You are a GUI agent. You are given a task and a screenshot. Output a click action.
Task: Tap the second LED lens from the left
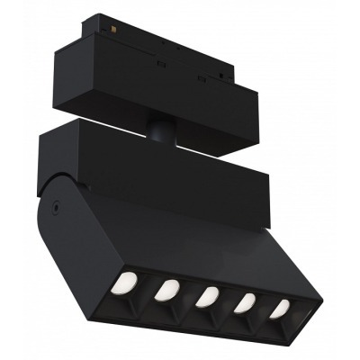(166, 289)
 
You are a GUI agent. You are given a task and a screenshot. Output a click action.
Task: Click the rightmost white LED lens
(280, 309)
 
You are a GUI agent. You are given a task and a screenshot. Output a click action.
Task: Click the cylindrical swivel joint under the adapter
(160, 130)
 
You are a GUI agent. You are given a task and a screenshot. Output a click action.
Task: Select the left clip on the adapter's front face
(160, 64)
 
